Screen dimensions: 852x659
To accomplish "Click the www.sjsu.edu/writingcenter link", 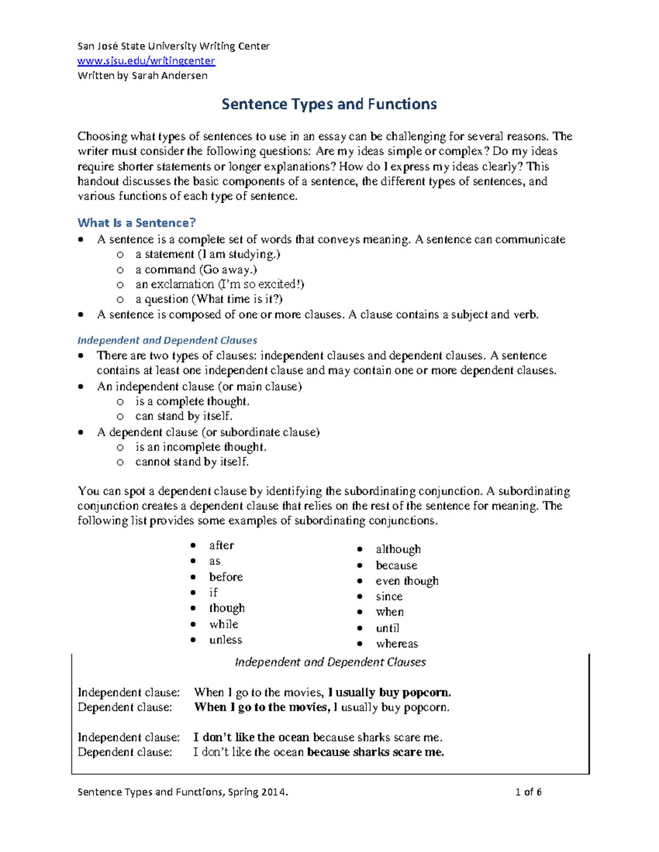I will (x=146, y=61).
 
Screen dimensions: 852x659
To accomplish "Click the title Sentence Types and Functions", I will (x=329, y=104).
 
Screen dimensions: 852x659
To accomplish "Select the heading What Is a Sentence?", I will (x=136, y=223).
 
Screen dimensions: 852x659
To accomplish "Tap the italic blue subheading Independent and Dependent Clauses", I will (x=167, y=340).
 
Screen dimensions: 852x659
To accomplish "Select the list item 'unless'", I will (x=225, y=640).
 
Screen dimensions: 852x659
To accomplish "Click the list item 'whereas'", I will (x=396, y=644).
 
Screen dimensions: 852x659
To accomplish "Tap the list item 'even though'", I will (x=407, y=581).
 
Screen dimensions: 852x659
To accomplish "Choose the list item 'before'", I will (x=226, y=577).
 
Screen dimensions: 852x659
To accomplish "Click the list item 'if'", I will (x=213, y=593).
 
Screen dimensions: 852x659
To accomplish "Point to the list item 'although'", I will (x=398, y=549).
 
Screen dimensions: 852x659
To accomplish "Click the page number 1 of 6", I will (x=528, y=792).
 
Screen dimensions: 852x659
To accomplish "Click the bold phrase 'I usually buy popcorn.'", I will (x=389, y=692).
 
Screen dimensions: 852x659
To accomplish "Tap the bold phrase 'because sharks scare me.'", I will (x=375, y=752).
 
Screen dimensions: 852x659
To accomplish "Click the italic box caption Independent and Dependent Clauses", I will (x=330, y=662).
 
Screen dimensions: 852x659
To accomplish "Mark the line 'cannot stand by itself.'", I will (x=192, y=462).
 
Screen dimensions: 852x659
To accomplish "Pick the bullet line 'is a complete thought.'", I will (x=192, y=402).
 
